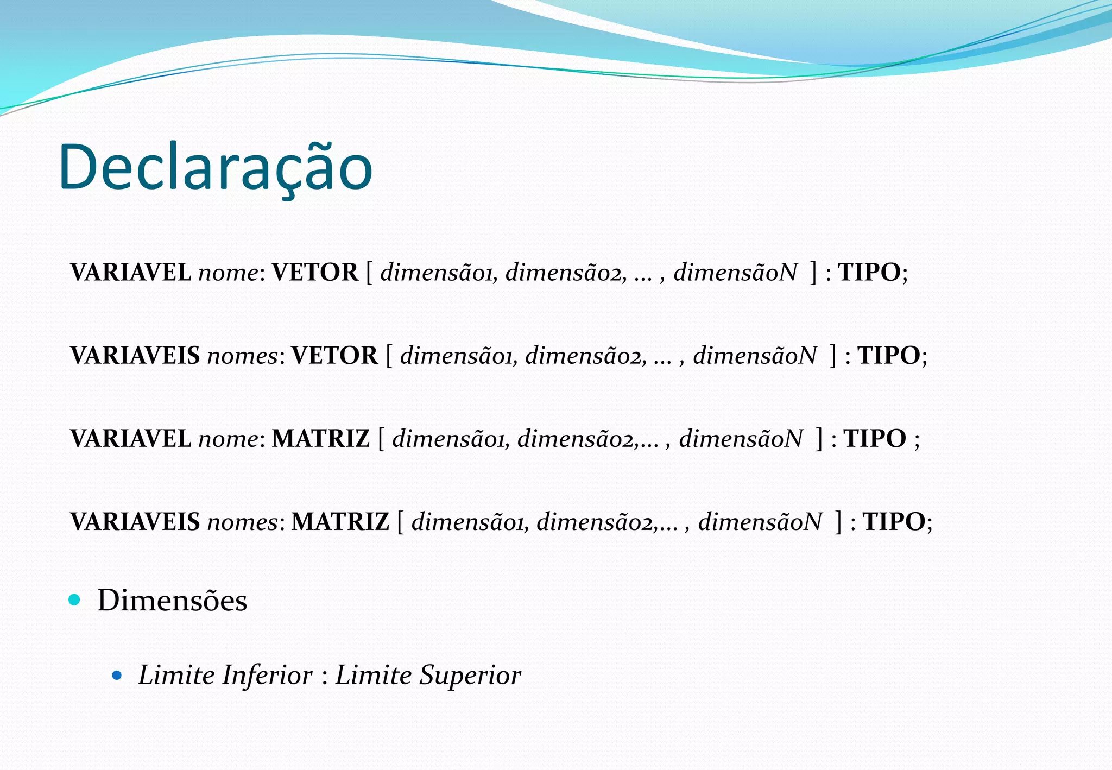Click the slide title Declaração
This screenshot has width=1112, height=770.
(x=215, y=167)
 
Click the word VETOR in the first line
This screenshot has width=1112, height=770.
(x=315, y=273)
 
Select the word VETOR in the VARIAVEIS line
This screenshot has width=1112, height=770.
(x=334, y=356)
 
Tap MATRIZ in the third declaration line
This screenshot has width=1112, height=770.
(x=320, y=439)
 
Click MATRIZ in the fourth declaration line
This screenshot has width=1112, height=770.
(x=340, y=522)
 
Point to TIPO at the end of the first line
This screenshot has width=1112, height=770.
(x=869, y=273)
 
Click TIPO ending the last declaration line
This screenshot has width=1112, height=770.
(x=894, y=522)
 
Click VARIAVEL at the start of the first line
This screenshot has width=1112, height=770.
(x=130, y=273)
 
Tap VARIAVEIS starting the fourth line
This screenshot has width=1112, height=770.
(x=135, y=522)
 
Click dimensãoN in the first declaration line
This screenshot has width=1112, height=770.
(x=735, y=273)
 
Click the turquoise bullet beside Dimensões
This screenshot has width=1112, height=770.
(x=75, y=600)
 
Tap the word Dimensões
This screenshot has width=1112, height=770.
(x=172, y=601)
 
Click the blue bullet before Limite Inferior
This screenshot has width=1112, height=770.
(x=117, y=676)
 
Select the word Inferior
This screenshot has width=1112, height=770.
(x=267, y=676)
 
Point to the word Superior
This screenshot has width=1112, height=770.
(x=470, y=676)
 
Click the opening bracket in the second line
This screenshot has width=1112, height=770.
(x=389, y=356)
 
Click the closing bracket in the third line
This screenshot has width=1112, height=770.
(x=819, y=439)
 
